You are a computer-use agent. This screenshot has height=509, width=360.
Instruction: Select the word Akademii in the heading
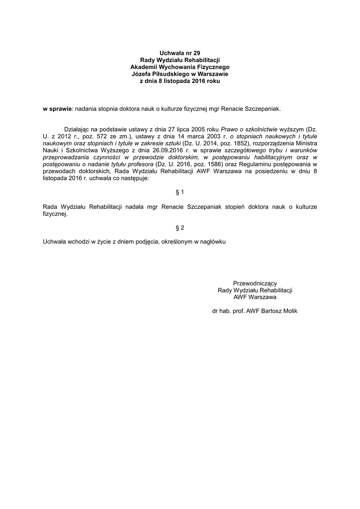coord(146,66)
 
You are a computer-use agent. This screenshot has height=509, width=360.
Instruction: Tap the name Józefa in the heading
coord(142,74)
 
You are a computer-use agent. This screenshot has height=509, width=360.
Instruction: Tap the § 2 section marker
coord(180,228)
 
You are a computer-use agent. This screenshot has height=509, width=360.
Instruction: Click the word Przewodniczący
coord(255,283)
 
